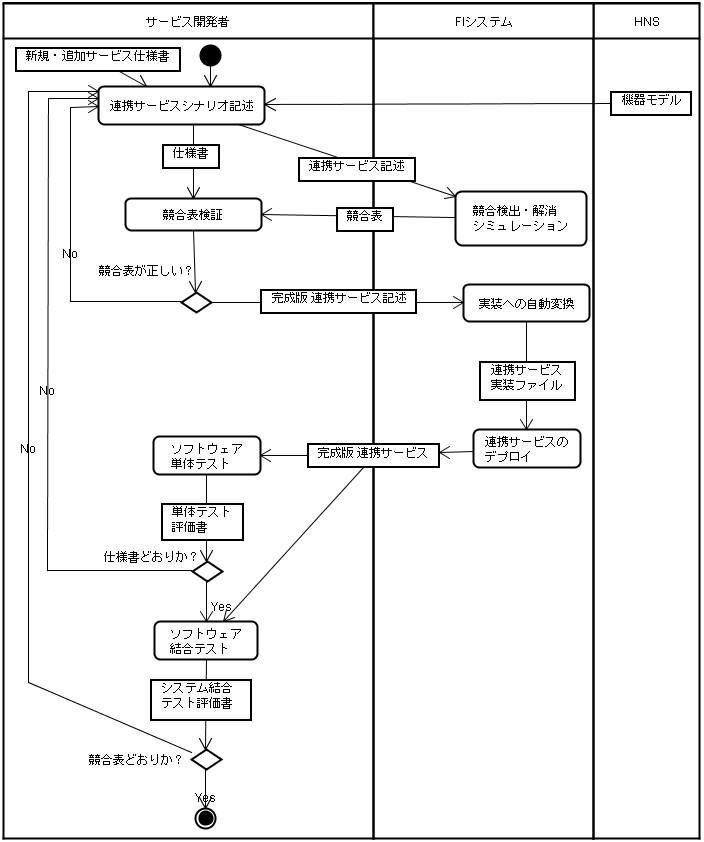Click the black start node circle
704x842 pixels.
[x=210, y=55]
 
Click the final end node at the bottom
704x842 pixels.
[x=206, y=819]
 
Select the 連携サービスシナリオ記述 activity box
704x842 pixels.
[x=181, y=104]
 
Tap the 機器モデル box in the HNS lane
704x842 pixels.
[x=651, y=101]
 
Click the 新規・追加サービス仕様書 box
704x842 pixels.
[x=98, y=60]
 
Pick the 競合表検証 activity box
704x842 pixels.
[x=193, y=213]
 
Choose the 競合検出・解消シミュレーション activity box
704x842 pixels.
[x=519, y=219]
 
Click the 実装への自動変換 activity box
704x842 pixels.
[x=526, y=303]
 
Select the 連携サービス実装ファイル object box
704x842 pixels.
[x=526, y=379]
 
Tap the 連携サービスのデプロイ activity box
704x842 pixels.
[x=526, y=450]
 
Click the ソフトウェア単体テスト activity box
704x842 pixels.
[x=206, y=455]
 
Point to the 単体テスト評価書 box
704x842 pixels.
[x=201, y=519]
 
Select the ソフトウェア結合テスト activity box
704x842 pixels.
[x=206, y=640]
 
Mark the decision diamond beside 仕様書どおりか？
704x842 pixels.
[x=207, y=571]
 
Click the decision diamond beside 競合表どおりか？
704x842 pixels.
[x=206, y=759]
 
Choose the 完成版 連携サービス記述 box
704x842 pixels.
[x=338, y=300]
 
